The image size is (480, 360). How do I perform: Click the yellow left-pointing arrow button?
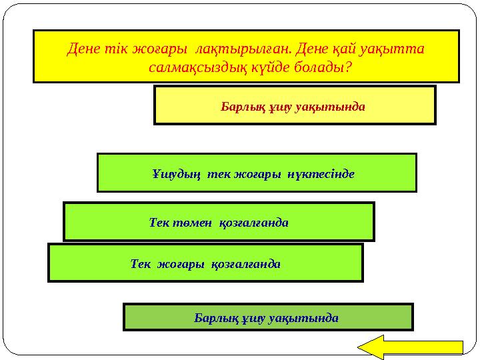pyautogui.click(x=411, y=347)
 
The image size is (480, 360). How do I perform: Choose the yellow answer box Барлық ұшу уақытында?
pyautogui.click(x=294, y=105)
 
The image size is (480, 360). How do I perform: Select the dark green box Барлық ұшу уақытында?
pyautogui.click(x=268, y=317)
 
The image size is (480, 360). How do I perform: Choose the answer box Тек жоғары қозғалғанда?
pyautogui.click(x=205, y=263)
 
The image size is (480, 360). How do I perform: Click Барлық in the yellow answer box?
pyautogui.click(x=239, y=106)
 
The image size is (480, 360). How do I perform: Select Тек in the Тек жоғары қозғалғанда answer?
pyautogui.click(x=141, y=263)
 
